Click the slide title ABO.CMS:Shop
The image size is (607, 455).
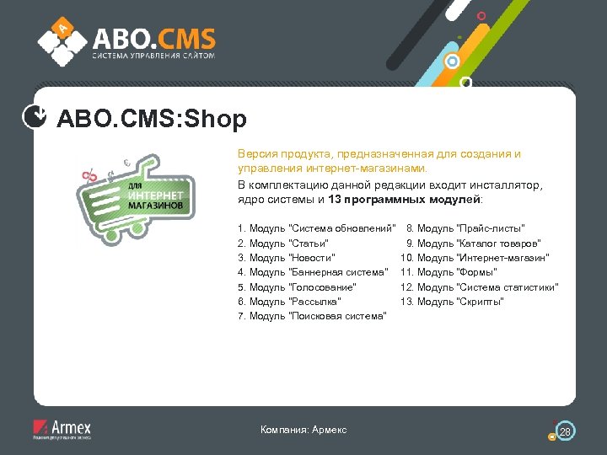[x=152, y=120]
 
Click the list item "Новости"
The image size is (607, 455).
[x=287, y=257]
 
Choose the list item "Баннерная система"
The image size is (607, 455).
[x=313, y=271]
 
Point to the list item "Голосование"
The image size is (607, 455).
[x=298, y=286]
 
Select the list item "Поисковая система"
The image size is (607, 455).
[x=313, y=315]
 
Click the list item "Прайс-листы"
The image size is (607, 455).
[x=465, y=228]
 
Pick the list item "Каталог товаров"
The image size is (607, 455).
[x=474, y=243]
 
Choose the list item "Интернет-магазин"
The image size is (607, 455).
[x=477, y=257]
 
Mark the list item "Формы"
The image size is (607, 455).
[x=449, y=271]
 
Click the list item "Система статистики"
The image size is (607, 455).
[x=480, y=286]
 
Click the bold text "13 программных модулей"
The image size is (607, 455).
[x=404, y=200]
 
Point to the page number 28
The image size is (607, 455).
[x=566, y=431]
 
